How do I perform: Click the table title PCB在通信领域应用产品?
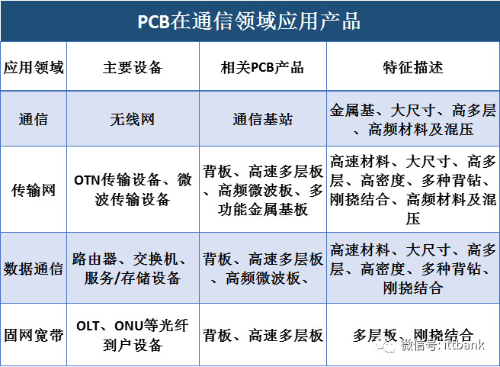(249, 21)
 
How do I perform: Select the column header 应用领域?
(34, 68)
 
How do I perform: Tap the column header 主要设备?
(133, 68)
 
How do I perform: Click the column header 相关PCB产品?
(262, 68)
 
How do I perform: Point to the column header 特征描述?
(413, 68)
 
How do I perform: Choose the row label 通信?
(34, 120)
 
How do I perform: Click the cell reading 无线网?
(133, 120)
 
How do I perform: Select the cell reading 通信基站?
(263, 120)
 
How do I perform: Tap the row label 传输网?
(34, 190)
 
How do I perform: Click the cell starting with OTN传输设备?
(133, 190)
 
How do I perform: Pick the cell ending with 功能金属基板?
(263, 190)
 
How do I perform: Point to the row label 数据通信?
(34, 269)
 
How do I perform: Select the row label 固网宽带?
(34, 336)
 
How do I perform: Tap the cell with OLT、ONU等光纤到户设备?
(133, 336)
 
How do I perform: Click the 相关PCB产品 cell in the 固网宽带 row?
(263, 336)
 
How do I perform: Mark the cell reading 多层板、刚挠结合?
(413, 335)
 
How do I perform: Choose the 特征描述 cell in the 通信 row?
(413, 120)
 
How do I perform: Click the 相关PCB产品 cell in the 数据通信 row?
(263, 269)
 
